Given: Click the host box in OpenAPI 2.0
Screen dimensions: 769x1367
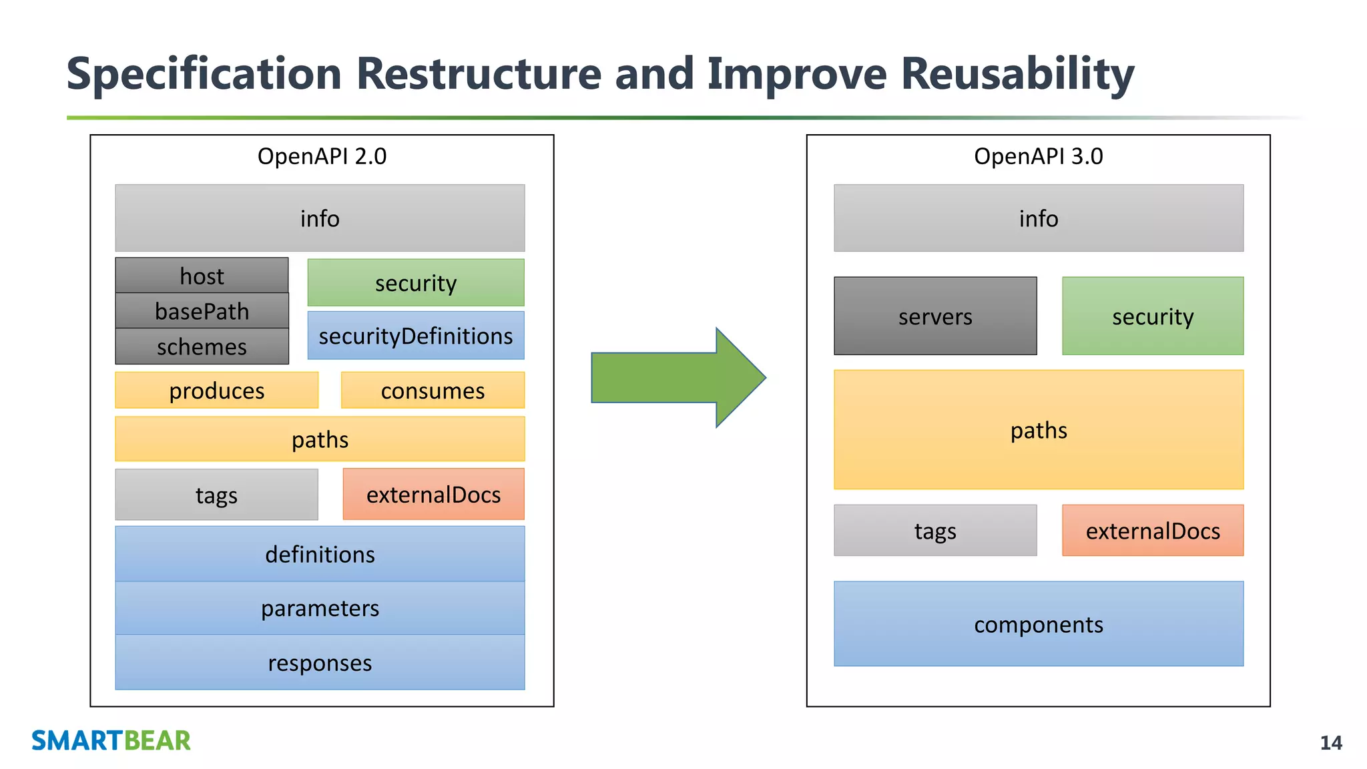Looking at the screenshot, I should tap(202, 275).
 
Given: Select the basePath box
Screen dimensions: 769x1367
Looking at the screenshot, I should tap(202, 310).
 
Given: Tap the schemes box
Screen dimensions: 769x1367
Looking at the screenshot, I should tap(202, 346).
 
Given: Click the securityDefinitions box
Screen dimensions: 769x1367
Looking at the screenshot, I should tap(416, 335).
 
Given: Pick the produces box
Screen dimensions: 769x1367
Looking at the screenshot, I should tap(216, 390).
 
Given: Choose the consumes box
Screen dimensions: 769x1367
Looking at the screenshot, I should tap(433, 390).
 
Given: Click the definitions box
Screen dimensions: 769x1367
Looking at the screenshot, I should tap(320, 553).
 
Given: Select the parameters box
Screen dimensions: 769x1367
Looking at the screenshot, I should tap(320, 607).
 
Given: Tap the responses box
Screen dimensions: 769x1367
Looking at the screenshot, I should tap(320, 662).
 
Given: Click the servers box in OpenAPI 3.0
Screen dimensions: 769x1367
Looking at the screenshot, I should tap(935, 316).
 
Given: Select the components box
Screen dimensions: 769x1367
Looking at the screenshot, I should tap(1039, 623).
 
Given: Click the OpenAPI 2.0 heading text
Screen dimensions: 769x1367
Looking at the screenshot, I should tap(322, 156).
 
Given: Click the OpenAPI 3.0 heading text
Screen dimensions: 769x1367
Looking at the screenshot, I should tap(1038, 156).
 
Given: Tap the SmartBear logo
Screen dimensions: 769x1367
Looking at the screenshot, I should tap(111, 740).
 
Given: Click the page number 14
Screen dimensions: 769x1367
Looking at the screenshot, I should tap(1331, 743).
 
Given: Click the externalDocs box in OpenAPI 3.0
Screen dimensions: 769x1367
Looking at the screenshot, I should tap(1153, 530).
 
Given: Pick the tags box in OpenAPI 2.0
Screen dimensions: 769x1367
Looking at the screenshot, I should tap(216, 495).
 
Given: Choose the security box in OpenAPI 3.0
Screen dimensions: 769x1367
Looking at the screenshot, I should tap(1153, 316).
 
